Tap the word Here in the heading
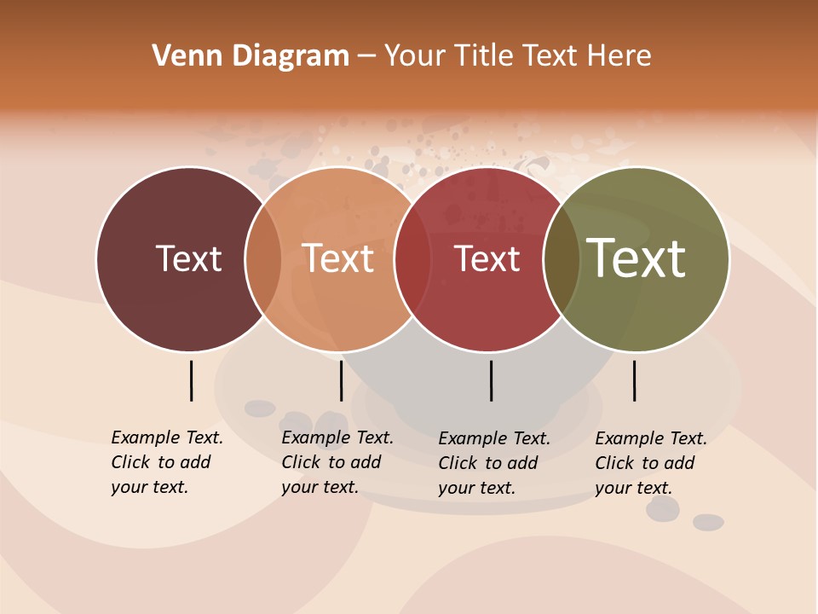(620, 56)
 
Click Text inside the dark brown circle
(188, 258)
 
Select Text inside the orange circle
(338, 258)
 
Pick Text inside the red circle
(487, 258)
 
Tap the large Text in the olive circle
(637, 258)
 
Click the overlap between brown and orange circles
(263, 259)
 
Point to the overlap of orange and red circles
(412, 259)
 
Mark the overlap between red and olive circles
(562, 259)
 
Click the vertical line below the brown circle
(191, 380)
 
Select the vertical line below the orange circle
(341, 380)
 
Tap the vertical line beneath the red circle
(491, 380)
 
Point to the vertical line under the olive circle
(634, 380)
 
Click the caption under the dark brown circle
(167, 462)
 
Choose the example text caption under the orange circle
(337, 462)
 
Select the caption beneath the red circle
(494, 463)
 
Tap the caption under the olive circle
(651, 463)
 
